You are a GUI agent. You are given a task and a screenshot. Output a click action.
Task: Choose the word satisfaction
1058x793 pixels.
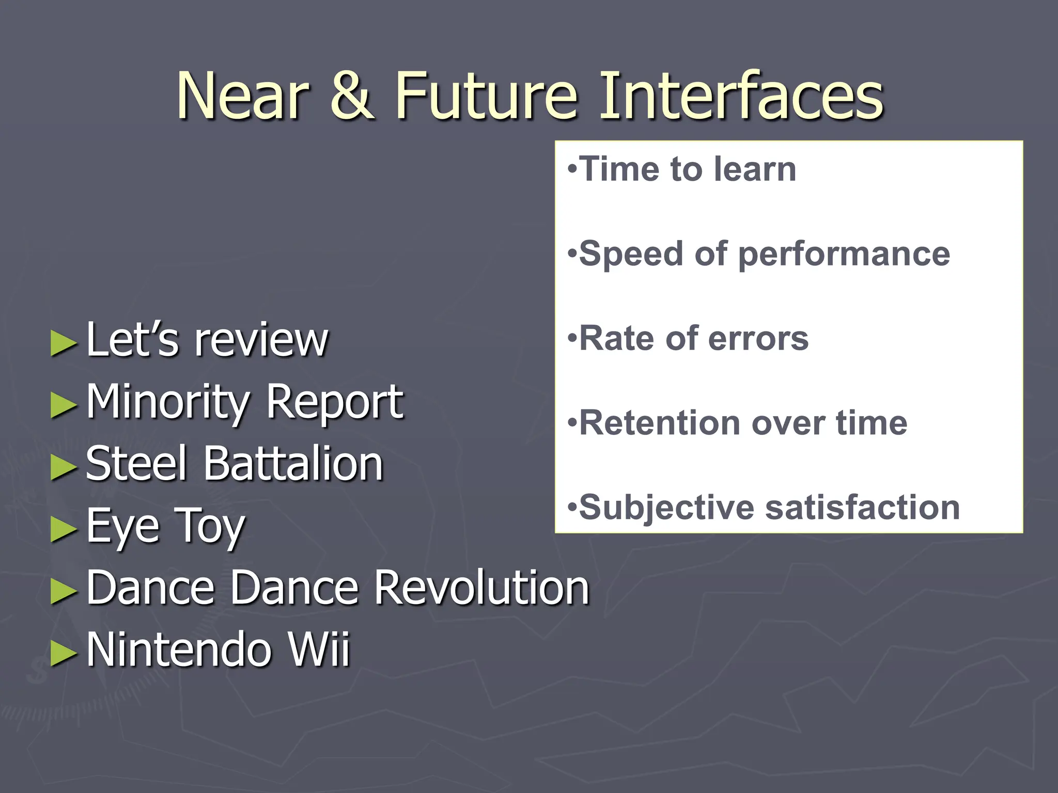[862, 507]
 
